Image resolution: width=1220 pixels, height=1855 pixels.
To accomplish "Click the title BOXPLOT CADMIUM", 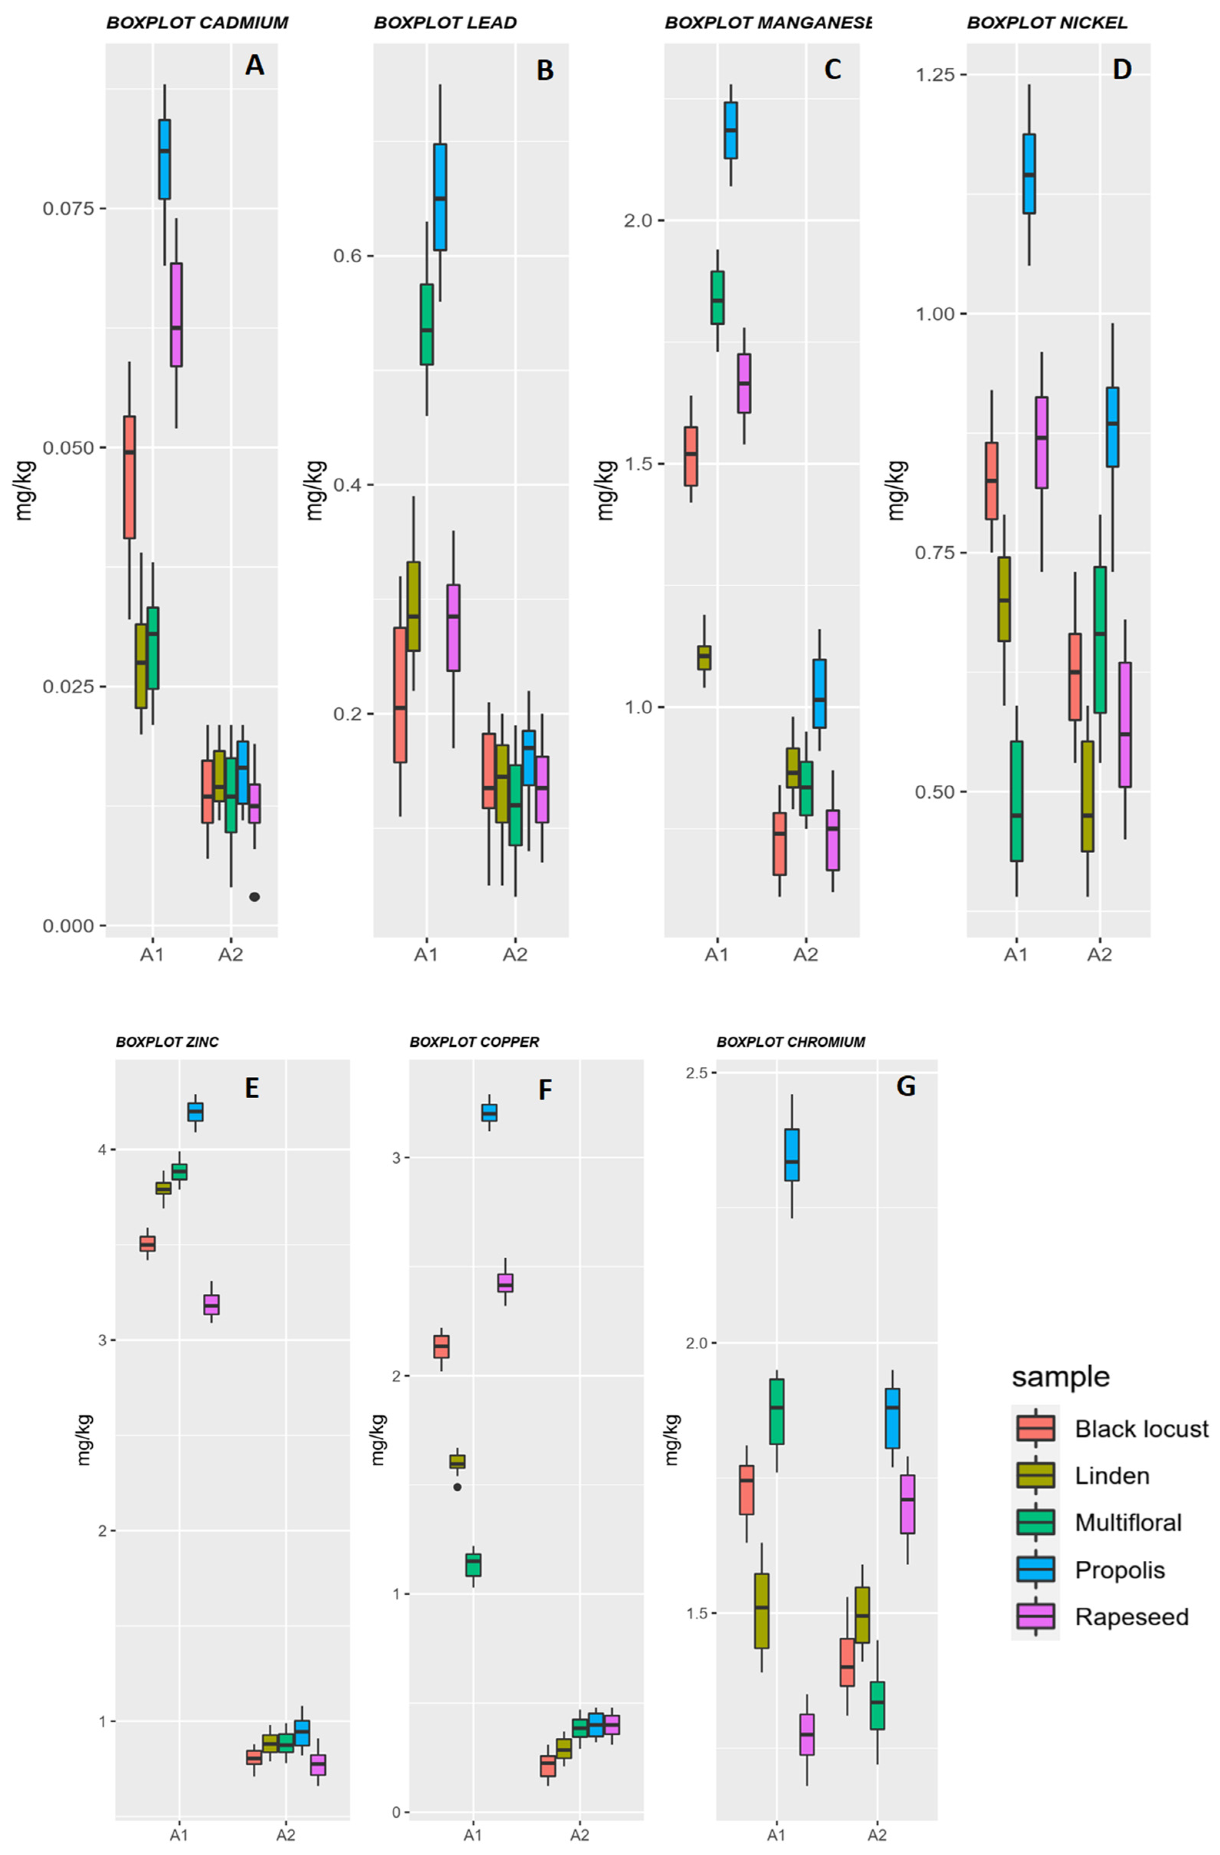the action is click(x=197, y=23).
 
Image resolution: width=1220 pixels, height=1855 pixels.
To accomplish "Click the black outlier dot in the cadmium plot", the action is click(x=254, y=897).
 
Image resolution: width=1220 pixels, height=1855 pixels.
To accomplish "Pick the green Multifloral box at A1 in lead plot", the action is click(x=427, y=324).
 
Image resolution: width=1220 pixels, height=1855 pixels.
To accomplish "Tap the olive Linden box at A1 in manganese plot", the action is click(x=704, y=657).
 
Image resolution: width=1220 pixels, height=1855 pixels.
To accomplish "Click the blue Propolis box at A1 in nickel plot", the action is click(x=1029, y=173).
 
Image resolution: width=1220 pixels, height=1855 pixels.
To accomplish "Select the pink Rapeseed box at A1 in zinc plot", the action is click(x=211, y=1305).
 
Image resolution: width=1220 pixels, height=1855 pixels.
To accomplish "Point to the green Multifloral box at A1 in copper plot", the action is click(x=473, y=1565).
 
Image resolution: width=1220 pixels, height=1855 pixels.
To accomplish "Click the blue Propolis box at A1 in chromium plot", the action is click(x=792, y=1155).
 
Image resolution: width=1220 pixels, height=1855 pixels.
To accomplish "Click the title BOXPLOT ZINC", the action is click(x=167, y=1042).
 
